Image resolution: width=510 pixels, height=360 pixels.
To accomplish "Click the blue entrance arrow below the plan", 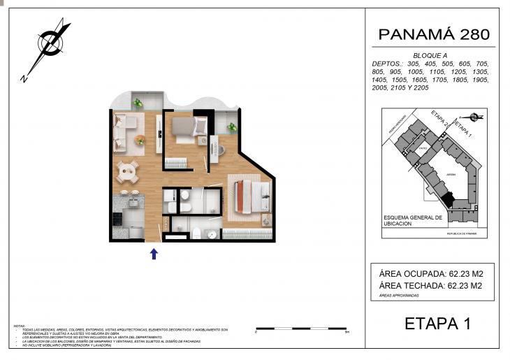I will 154,253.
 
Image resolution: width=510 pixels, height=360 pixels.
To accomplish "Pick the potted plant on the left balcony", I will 138,103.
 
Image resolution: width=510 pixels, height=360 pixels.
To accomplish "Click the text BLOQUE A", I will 430,55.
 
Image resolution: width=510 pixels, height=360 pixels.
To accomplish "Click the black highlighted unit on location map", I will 448,199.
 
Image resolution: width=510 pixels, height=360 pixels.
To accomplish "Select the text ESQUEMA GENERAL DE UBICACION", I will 413,220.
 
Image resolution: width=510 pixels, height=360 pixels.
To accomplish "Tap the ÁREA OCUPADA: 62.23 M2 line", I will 431,273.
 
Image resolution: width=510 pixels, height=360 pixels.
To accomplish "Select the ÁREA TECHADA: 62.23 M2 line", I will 431,285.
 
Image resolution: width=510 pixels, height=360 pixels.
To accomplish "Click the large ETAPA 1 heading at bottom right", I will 437,324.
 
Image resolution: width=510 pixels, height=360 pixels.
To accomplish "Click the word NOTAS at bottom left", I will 19,326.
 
